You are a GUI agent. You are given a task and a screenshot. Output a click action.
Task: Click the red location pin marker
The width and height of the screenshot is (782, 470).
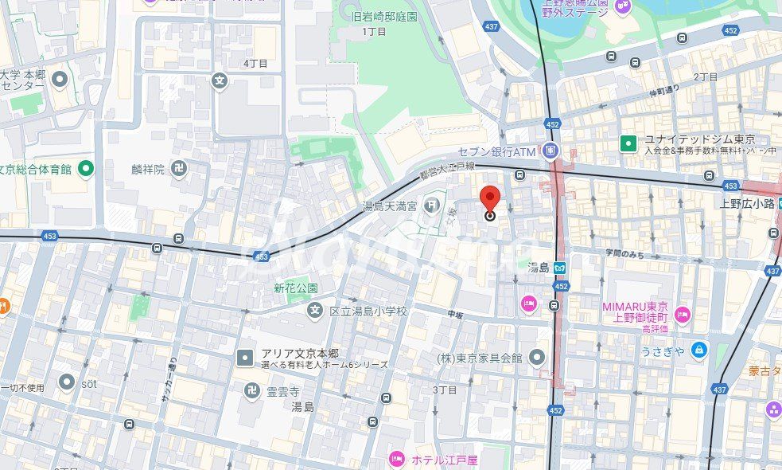tap(490, 199)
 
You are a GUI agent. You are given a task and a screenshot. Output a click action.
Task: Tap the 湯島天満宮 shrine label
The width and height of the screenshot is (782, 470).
tap(390, 206)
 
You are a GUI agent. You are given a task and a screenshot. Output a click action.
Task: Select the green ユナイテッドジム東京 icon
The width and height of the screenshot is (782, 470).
tap(628, 143)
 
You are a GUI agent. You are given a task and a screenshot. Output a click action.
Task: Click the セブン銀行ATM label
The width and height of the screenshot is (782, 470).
tap(496, 151)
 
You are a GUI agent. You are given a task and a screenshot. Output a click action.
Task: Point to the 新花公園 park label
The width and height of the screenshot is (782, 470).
tap(296, 288)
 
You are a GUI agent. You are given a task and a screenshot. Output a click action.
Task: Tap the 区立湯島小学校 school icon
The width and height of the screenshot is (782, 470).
tap(315, 311)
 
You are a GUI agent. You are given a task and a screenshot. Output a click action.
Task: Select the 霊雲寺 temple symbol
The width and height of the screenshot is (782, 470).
tap(252, 391)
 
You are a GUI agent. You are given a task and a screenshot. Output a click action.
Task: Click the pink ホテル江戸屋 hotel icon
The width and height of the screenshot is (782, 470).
tap(396, 459)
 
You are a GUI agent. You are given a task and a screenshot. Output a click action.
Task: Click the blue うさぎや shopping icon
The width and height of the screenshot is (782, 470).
tap(698, 349)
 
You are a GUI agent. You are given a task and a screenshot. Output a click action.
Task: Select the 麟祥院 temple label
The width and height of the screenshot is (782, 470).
tap(150, 169)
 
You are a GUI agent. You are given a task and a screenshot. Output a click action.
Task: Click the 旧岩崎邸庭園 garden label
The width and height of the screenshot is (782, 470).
tap(384, 16)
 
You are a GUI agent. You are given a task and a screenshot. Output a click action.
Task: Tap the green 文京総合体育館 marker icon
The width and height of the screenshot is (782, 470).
tap(85, 168)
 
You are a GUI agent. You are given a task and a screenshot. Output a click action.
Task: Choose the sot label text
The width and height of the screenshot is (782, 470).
tap(88, 383)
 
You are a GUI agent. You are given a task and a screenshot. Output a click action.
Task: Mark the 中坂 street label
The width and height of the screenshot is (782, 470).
tap(455, 315)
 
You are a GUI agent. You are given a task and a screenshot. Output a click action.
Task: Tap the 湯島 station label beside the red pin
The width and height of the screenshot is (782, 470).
tap(539, 267)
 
